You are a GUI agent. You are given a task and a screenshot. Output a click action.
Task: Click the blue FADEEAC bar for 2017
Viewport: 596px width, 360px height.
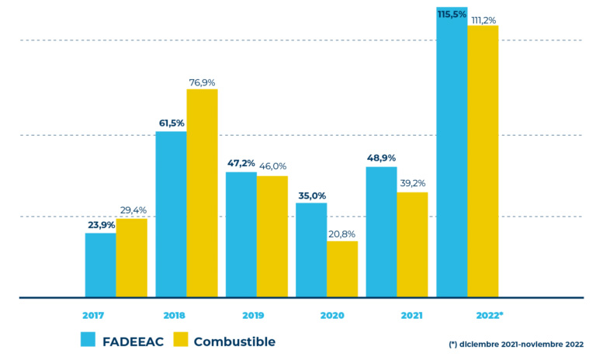[101, 265]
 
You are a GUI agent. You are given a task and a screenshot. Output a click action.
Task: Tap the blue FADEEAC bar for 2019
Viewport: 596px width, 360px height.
[241, 234]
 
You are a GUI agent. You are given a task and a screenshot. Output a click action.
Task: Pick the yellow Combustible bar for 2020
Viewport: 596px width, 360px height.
[342, 268]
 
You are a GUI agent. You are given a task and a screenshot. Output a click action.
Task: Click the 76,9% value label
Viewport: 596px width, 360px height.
[202, 81]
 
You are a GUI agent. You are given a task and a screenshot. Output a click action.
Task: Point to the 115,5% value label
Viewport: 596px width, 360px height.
[451, 14]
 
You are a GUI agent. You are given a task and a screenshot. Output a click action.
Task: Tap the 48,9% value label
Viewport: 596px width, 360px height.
[381, 158]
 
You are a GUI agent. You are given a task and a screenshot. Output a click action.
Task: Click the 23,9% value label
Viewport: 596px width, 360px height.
[101, 225]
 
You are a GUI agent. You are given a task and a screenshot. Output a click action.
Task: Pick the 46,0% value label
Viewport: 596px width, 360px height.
[272, 166]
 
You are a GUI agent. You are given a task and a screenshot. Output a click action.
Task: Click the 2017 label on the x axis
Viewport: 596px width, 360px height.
[94, 316]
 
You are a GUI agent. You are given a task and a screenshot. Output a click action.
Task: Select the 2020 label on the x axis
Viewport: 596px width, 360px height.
[331, 316]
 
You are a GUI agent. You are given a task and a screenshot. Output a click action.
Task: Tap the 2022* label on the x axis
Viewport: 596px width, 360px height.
[489, 316]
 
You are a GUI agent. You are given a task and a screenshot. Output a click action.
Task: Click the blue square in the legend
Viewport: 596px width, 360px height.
[88, 340]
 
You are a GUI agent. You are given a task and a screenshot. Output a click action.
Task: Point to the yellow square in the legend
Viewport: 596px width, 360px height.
[180, 340]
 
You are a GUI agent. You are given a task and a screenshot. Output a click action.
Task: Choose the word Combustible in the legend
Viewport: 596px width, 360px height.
[234, 341]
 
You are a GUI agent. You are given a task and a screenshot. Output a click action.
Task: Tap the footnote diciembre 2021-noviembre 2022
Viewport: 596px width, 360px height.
[515, 343]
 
